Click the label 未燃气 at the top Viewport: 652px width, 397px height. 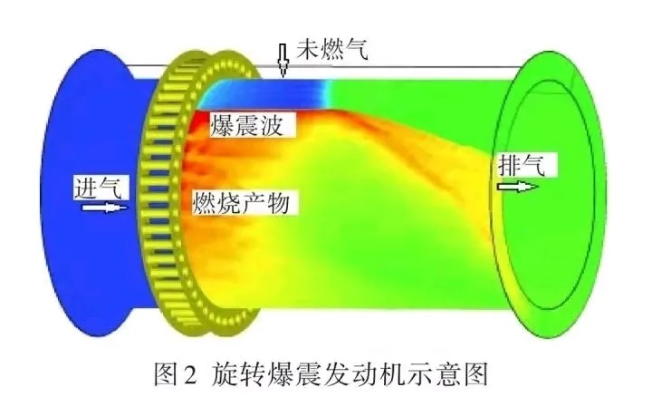(x=331, y=51)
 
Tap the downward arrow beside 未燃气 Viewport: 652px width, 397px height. (x=283, y=60)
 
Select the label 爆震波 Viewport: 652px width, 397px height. (x=247, y=125)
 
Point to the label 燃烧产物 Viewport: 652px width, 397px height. (x=241, y=203)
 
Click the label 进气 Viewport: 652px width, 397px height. (x=98, y=188)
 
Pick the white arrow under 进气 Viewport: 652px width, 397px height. (x=104, y=207)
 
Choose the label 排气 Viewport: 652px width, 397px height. (x=522, y=165)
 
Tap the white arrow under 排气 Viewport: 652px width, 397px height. (x=518, y=187)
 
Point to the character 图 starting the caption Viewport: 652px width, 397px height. (x=166, y=374)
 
